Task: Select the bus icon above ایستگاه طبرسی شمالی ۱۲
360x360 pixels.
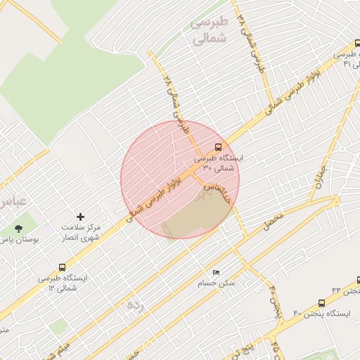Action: (x=63, y=267)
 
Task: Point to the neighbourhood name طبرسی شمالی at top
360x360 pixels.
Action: (x=210, y=31)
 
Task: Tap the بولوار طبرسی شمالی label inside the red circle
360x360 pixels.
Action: (x=158, y=195)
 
